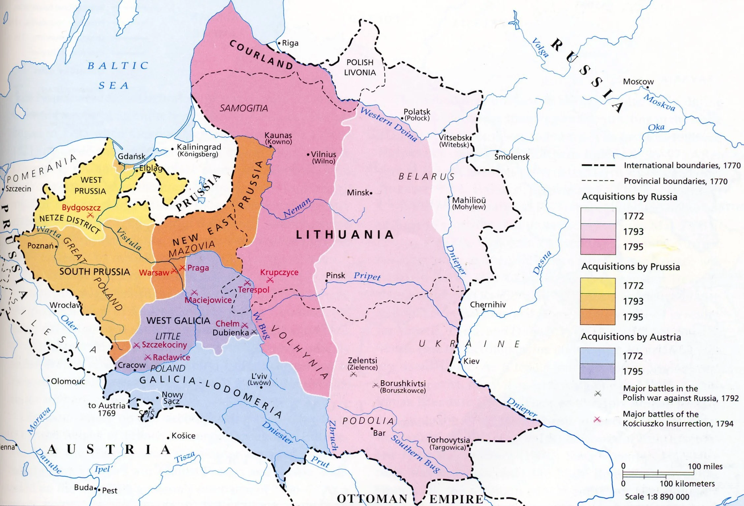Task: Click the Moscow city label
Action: [638, 81]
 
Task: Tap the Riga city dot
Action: [279, 43]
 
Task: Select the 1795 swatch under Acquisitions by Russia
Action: [598, 247]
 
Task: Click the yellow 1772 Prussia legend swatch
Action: [598, 285]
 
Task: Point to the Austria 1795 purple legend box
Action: [597, 371]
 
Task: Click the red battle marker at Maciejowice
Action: [194, 292]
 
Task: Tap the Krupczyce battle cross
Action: [270, 280]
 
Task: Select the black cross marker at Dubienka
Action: [254, 332]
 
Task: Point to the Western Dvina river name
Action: [388, 124]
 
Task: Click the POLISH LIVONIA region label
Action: [360, 67]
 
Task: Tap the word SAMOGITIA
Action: [243, 108]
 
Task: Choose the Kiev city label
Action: [471, 361]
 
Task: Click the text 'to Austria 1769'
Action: [107, 409]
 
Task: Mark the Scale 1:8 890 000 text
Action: [657, 497]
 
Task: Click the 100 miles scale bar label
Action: [705, 466]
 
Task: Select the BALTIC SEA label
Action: [118, 75]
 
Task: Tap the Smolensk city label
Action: [511, 157]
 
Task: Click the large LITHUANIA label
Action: [345, 234]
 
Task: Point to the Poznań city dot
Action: [56, 246]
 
